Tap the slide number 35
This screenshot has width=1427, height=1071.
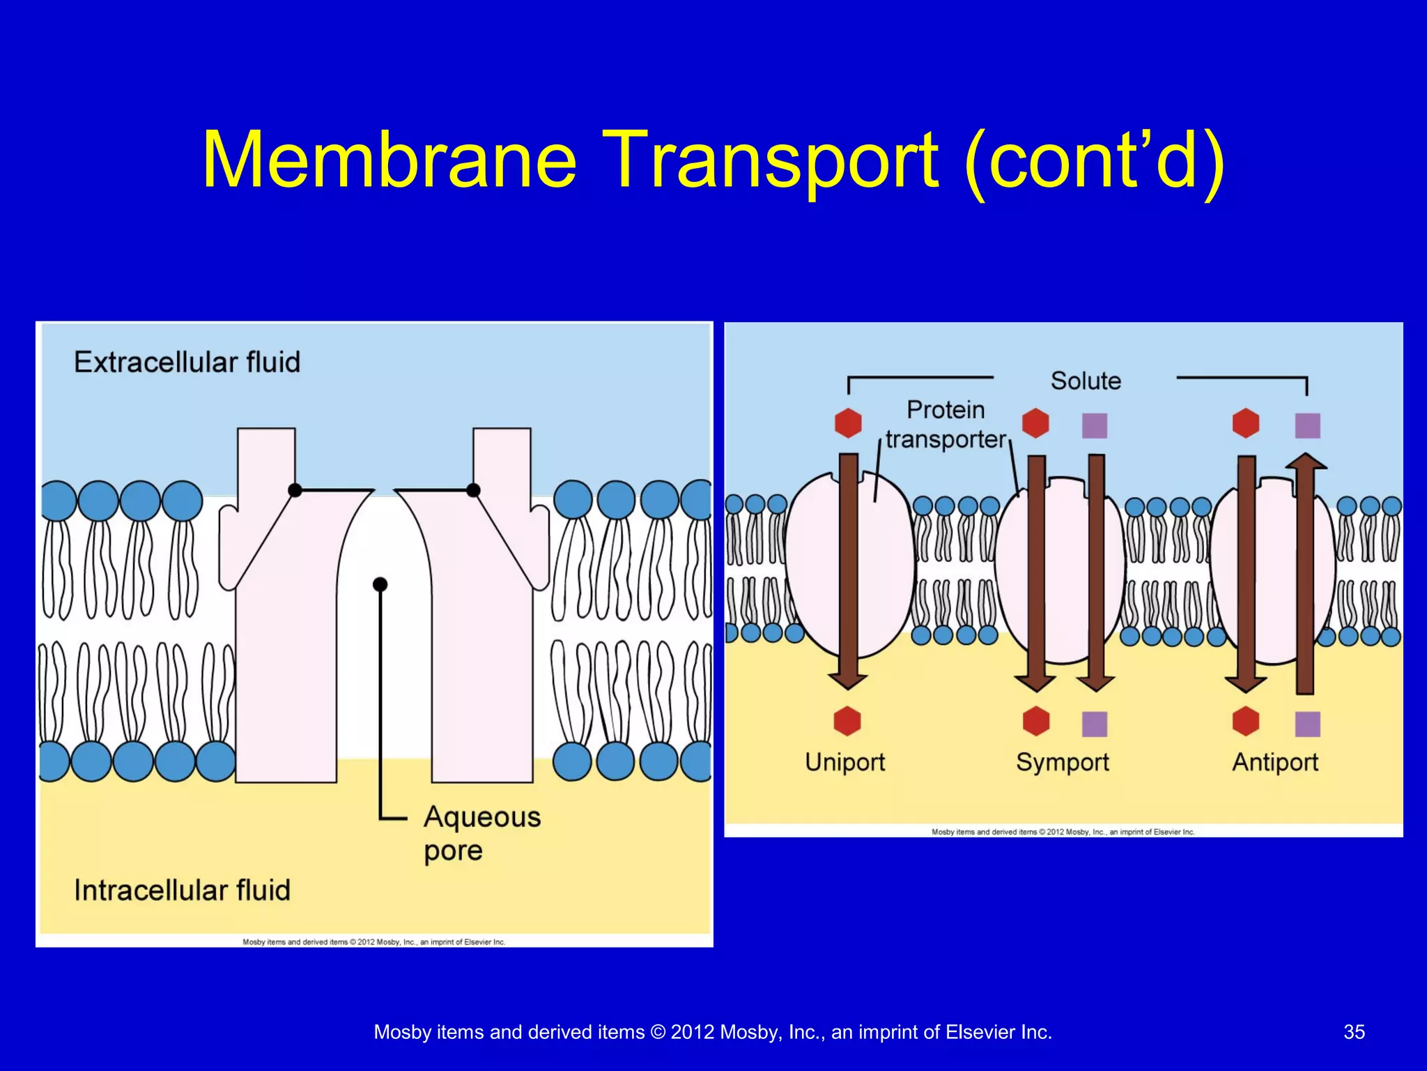tap(1354, 1032)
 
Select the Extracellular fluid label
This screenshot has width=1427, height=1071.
tap(187, 363)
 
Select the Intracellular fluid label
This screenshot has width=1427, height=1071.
tap(182, 890)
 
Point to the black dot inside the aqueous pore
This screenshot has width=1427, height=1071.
tap(380, 584)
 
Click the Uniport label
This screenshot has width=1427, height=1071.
tap(844, 761)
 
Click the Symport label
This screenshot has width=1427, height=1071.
tap(1062, 761)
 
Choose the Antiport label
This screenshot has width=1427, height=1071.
tap(1275, 761)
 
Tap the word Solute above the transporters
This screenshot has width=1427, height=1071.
tap(1086, 381)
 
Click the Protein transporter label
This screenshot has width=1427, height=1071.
tap(946, 425)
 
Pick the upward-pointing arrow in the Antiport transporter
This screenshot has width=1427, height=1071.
tap(1305, 572)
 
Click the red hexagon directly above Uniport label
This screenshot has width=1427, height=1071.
tap(847, 721)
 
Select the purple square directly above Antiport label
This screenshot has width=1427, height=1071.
tap(1307, 724)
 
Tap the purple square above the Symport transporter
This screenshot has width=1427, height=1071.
tap(1095, 425)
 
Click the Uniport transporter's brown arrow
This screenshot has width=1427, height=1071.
tap(848, 572)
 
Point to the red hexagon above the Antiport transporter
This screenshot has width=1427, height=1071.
tap(1245, 423)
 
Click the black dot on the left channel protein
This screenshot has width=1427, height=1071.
tap(295, 490)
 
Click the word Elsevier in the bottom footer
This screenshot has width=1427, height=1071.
tap(980, 1032)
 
